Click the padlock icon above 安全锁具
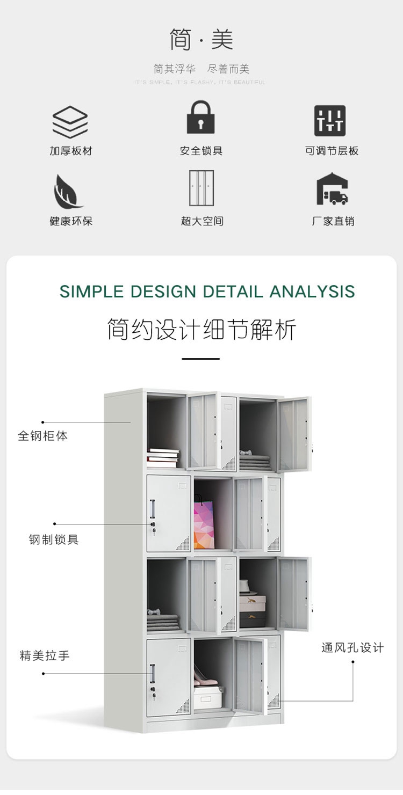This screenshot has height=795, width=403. tap(200, 117)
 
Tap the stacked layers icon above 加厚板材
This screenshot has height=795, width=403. tap(70, 122)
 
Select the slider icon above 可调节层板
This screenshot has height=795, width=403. tap(330, 120)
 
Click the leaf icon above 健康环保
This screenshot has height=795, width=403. tap(68, 191)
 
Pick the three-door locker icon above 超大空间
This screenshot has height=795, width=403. tap(201, 188)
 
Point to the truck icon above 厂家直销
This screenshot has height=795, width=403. tap(332, 189)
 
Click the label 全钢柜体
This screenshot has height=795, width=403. tap(43, 436)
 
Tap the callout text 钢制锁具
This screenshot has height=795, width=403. tap(54, 539)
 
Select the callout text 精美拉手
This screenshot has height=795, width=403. tap(45, 655)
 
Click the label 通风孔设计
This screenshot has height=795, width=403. tap(352, 647)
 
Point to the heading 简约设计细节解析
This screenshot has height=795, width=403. tap(201, 329)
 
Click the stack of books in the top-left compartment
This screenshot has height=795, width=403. tap(163, 457)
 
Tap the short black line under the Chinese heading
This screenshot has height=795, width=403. tap(200, 359)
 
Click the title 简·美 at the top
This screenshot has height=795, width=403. tap(201, 40)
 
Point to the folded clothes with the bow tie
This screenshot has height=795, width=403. tap(163, 621)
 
